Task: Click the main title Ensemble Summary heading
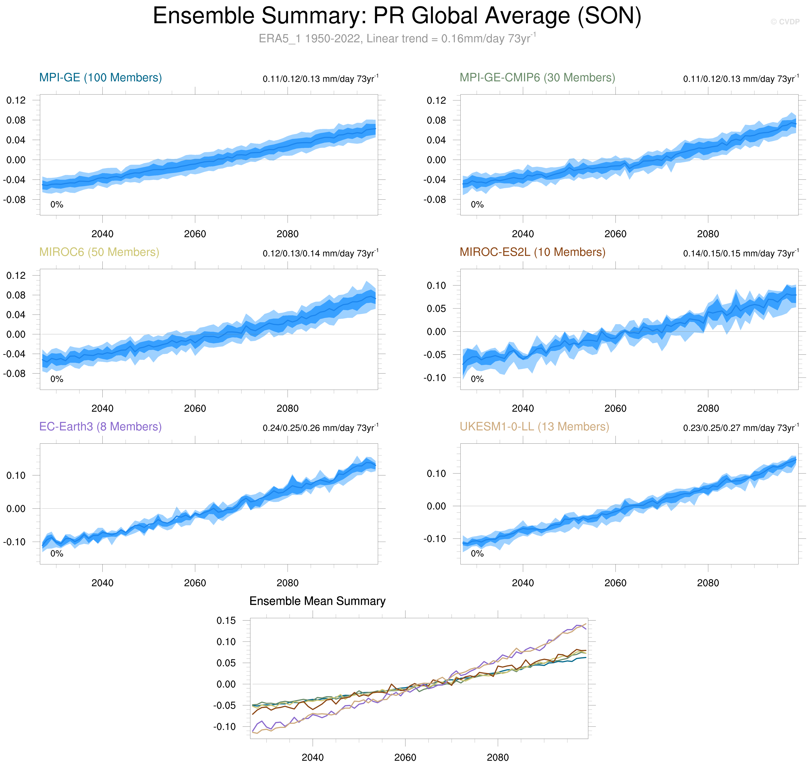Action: click(x=397, y=16)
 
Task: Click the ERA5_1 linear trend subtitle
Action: click(x=397, y=39)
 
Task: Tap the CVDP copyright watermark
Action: click(x=785, y=22)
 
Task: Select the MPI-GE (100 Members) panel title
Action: click(x=101, y=78)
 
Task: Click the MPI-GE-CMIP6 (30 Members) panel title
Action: click(x=537, y=78)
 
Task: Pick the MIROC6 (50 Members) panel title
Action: click(x=99, y=252)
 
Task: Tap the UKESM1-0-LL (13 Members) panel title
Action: click(x=534, y=427)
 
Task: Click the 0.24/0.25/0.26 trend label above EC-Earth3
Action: click(x=320, y=428)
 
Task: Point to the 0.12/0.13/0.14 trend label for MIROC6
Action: click(x=320, y=254)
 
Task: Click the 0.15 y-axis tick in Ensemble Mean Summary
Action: click(x=226, y=621)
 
